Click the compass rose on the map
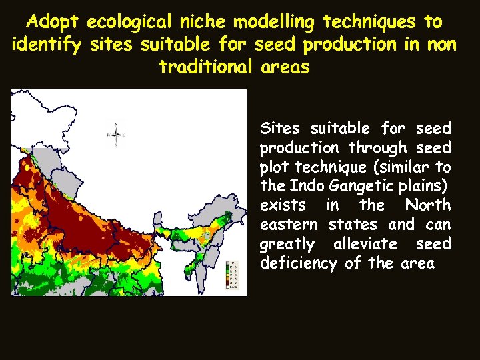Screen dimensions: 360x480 click(x=117, y=135)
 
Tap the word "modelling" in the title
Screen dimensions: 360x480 click(x=269, y=21)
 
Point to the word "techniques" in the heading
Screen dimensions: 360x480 click(x=370, y=21)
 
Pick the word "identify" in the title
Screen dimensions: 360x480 click(x=42, y=45)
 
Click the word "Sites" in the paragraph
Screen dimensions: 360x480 click(x=280, y=128)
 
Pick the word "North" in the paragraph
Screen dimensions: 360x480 click(x=428, y=205)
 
